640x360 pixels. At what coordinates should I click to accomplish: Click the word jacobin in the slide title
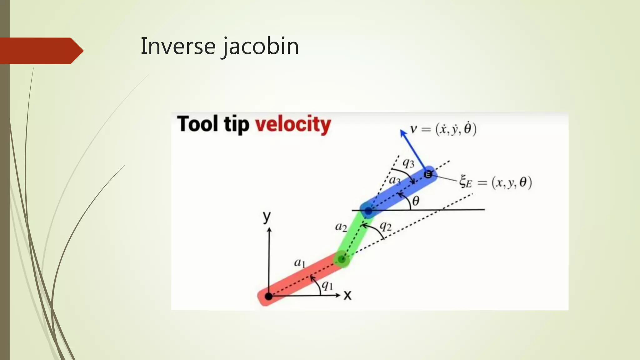[261, 46]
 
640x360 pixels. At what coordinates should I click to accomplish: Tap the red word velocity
[293, 124]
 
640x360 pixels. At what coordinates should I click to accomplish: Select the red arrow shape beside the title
[41, 51]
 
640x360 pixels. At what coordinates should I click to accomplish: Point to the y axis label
[267, 216]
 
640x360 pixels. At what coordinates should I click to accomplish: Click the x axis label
[347, 295]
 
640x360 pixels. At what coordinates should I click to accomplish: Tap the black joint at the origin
[268, 296]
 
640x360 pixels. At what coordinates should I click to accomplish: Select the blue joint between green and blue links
[368, 211]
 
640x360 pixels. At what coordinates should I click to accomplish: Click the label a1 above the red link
[299, 262]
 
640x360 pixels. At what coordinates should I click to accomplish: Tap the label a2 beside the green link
[341, 227]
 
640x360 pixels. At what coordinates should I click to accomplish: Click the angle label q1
[327, 285]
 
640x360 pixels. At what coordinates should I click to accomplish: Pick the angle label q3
[408, 162]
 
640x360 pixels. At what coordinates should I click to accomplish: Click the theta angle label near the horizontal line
[416, 201]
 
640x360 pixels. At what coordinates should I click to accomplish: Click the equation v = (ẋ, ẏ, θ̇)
[443, 129]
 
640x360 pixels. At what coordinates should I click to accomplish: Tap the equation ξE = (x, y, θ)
[496, 182]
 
